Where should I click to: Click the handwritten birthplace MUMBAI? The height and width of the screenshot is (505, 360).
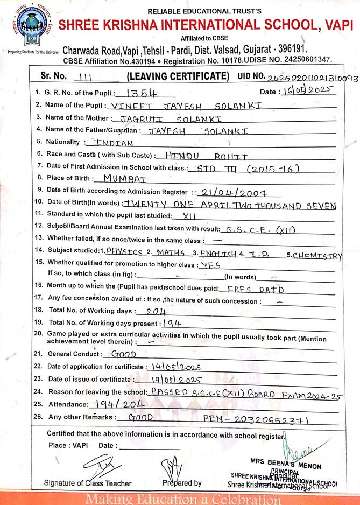tap(126, 177)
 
